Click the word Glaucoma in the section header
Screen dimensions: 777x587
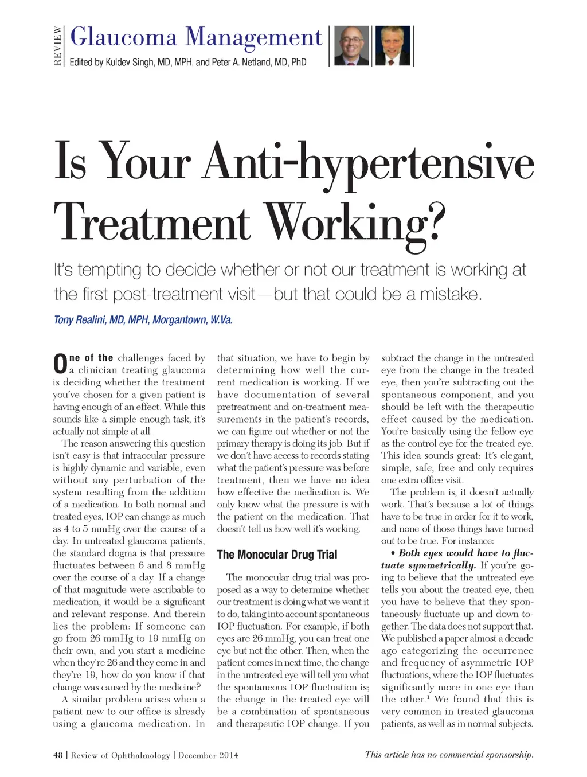[x=123, y=37]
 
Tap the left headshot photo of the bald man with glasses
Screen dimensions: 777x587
[x=351, y=46]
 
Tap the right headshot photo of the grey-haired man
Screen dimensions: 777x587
[x=393, y=46]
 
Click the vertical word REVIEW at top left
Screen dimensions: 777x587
[x=57, y=46]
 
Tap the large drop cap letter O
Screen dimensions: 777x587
[x=60, y=364]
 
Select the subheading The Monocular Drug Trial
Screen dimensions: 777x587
[x=277, y=555]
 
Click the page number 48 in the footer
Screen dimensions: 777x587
[x=58, y=755]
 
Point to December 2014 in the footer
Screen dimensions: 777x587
[x=208, y=755]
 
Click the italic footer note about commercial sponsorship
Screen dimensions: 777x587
[x=449, y=755]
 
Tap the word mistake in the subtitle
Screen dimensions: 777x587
[x=451, y=294]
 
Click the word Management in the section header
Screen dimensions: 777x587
[x=253, y=37]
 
